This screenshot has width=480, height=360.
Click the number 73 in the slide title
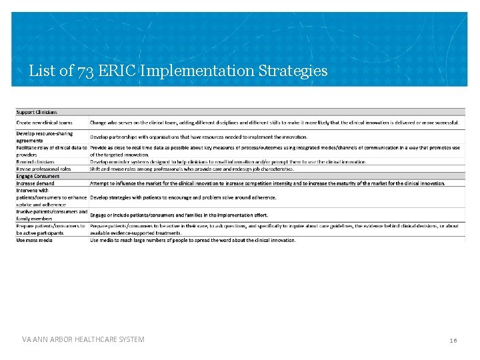click(x=85, y=71)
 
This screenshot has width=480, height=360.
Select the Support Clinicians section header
click(x=37, y=112)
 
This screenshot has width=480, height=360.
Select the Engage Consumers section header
click(x=38, y=176)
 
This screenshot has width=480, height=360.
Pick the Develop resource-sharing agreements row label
click(x=45, y=137)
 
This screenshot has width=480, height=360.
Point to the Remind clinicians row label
click(x=36, y=161)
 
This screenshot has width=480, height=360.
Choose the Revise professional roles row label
click(x=44, y=169)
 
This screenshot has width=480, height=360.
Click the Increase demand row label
click(x=36, y=183)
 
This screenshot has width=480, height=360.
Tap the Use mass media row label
click(x=35, y=240)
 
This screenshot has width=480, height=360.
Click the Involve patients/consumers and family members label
click(x=51, y=215)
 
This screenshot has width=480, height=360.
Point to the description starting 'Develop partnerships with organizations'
click(x=199, y=137)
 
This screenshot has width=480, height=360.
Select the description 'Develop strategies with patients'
click(x=183, y=197)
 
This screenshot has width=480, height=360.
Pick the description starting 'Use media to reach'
click(x=193, y=240)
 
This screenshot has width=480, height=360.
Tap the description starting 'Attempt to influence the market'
click(x=267, y=183)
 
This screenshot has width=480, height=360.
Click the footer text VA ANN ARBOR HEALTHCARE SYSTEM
click(x=83, y=340)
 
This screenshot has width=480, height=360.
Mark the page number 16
click(x=453, y=341)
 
